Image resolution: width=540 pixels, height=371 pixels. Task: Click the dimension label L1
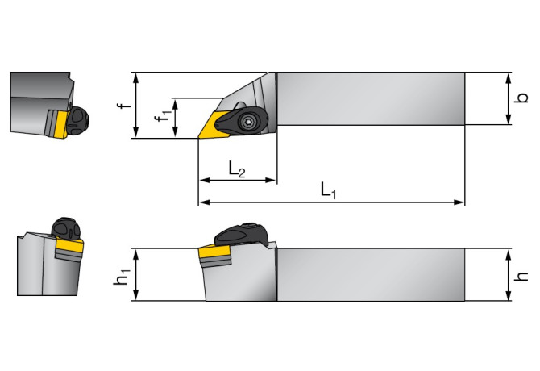click(x=327, y=191)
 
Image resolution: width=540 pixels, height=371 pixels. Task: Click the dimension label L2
click(x=237, y=169)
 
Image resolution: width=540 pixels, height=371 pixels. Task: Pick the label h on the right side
click(x=522, y=275)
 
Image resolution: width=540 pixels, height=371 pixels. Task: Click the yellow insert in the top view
click(x=214, y=126)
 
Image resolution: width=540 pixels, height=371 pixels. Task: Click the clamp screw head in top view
click(x=248, y=122)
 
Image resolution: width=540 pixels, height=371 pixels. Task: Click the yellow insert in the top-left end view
click(x=57, y=124)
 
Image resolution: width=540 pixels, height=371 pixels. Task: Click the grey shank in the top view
click(x=371, y=98)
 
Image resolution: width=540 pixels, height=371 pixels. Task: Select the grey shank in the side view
click(x=371, y=274)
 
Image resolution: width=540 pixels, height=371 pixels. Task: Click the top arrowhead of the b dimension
click(x=509, y=77)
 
